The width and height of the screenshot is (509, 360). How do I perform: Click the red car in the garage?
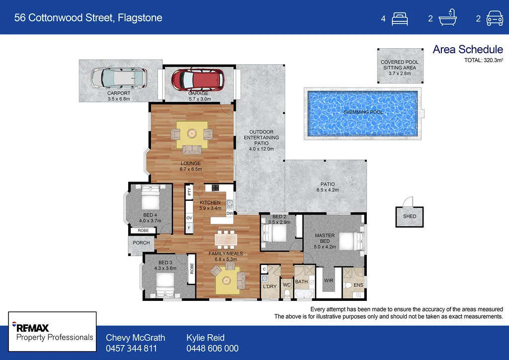coord(198,79)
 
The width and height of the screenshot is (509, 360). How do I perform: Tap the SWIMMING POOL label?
coord(363,112)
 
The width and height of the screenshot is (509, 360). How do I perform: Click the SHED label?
coord(410,216)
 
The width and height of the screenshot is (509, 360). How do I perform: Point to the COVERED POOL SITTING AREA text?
coord(400,68)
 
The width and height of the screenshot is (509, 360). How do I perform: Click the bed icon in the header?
coord(400,19)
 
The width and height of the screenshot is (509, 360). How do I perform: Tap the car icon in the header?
coord(494,19)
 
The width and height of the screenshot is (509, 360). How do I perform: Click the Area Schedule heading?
coord(468,49)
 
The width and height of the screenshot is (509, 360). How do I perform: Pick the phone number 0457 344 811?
coord(131,349)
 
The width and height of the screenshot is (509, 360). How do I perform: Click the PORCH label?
coord(141,244)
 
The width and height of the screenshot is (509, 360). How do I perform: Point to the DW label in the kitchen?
coord(230,213)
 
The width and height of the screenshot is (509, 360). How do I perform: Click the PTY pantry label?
coord(189,191)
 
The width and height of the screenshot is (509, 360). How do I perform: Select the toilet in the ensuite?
coord(348,285)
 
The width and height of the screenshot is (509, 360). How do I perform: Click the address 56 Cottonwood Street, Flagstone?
coord(88,18)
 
